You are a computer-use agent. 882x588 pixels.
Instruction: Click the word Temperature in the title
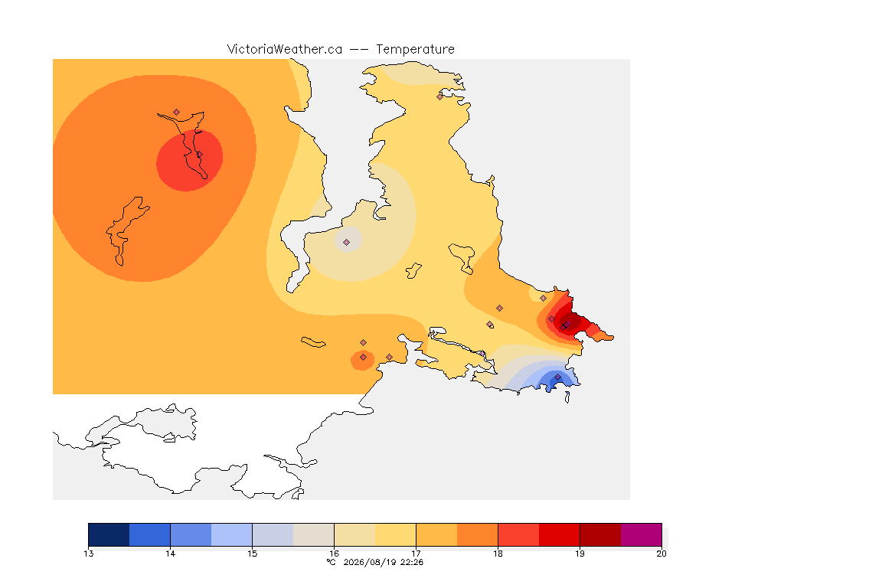pyautogui.click(x=415, y=50)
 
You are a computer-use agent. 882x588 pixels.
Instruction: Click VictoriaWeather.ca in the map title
pyautogui.click(x=285, y=50)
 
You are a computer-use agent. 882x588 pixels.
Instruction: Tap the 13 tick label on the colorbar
pyautogui.click(x=88, y=554)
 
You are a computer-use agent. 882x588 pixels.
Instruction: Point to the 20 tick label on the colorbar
pyautogui.click(x=661, y=554)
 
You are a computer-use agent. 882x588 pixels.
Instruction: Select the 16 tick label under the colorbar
pyautogui.click(x=334, y=554)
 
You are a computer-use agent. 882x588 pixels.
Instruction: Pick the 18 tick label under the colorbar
pyautogui.click(x=498, y=554)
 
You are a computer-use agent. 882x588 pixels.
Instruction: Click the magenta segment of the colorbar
pyautogui.click(x=642, y=534)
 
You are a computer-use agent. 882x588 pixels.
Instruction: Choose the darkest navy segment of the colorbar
pyautogui.click(x=109, y=534)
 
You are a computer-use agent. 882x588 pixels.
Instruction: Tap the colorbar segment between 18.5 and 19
pyautogui.click(x=559, y=534)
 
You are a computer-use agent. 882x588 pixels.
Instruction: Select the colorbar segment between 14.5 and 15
pyautogui.click(x=232, y=534)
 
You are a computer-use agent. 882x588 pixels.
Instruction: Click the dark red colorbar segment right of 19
pyautogui.click(x=600, y=534)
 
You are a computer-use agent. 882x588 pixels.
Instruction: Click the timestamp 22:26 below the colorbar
pyautogui.click(x=412, y=562)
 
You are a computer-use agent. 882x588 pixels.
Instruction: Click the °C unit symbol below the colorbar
pyautogui.click(x=332, y=562)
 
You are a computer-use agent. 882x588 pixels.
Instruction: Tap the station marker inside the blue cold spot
pyautogui.click(x=557, y=377)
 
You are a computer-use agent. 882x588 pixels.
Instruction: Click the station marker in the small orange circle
pyautogui.click(x=364, y=358)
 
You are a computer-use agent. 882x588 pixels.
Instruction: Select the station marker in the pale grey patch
pyautogui.click(x=347, y=242)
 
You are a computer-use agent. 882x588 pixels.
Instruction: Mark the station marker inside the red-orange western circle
pyautogui.click(x=199, y=155)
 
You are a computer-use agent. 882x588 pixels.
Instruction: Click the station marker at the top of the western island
pyautogui.click(x=177, y=113)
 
